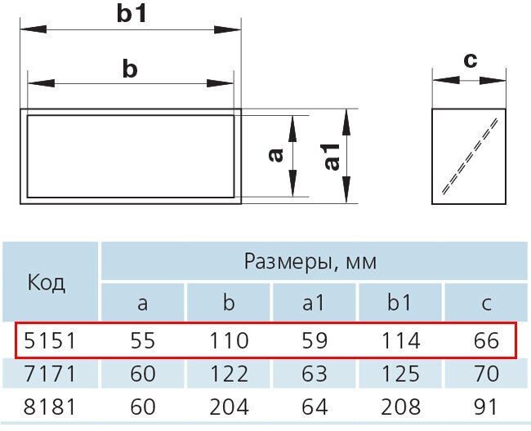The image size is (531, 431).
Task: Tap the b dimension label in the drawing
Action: (x=129, y=69)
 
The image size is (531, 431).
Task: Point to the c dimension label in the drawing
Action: (x=469, y=60)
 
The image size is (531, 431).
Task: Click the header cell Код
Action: (x=47, y=282)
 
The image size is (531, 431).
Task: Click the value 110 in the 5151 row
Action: (x=229, y=340)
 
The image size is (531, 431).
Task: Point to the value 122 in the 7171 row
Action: (x=229, y=375)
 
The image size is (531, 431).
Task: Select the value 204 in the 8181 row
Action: (x=229, y=407)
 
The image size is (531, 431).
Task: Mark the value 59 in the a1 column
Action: (x=314, y=340)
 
